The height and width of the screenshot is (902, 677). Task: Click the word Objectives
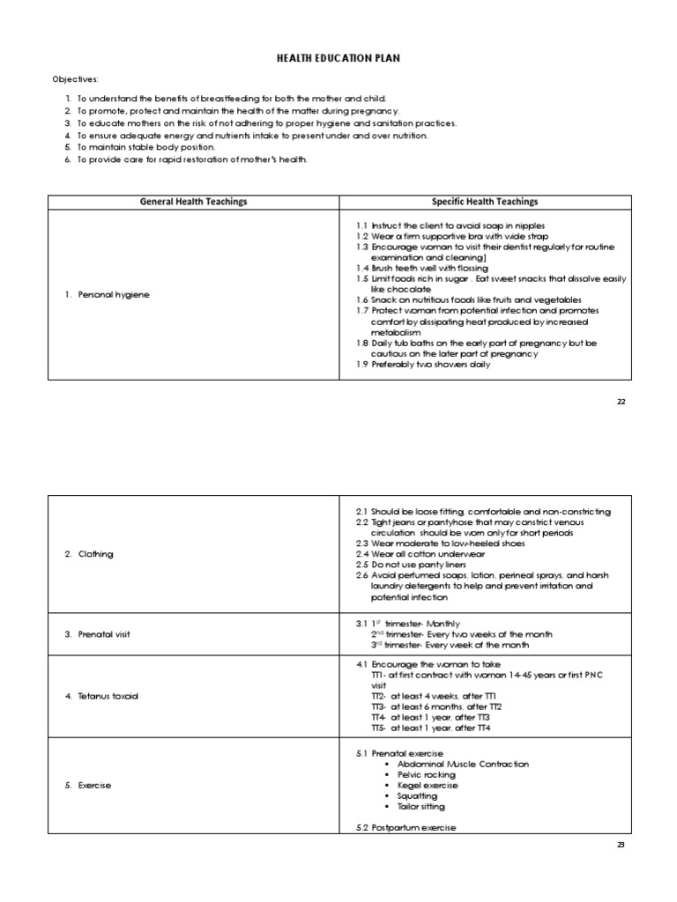tap(75, 79)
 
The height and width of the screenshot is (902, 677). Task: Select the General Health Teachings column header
tap(194, 202)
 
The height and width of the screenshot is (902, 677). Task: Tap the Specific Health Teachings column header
tap(484, 202)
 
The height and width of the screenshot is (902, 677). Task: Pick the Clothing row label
tap(89, 554)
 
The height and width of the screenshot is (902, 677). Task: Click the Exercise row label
tap(88, 785)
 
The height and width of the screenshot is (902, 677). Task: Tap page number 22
tap(621, 401)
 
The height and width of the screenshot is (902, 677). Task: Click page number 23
tap(621, 845)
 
